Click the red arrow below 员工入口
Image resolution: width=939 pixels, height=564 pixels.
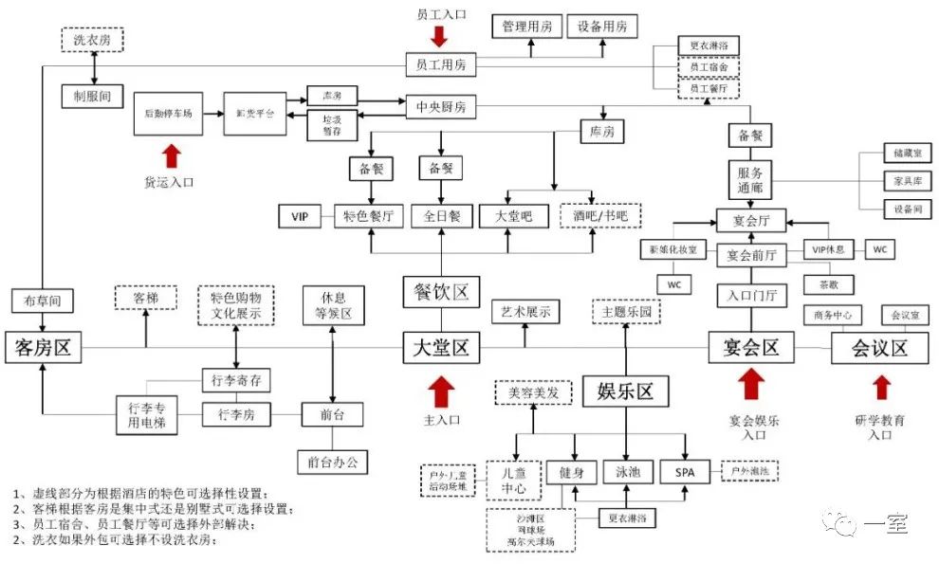(x=438, y=36)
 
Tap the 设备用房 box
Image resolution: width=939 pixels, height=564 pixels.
(x=602, y=27)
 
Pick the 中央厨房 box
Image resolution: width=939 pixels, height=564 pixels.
(x=441, y=107)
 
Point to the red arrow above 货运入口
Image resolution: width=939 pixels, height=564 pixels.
(x=172, y=154)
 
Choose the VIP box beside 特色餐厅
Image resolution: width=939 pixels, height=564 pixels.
(x=301, y=217)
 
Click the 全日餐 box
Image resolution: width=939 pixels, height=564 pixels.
(x=441, y=217)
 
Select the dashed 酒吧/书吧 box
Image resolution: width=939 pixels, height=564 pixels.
(x=599, y=217)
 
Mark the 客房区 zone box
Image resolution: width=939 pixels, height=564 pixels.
(x=43, y=348)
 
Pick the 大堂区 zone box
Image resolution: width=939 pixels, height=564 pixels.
(x=436, y=348)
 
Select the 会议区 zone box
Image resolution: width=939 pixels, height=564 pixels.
(x=879, y=348)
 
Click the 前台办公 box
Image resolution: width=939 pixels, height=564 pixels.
(x=332, y=462)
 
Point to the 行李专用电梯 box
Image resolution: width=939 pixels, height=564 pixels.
(x=146, y=415)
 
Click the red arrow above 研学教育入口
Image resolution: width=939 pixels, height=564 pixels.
(x=882, y=388)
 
